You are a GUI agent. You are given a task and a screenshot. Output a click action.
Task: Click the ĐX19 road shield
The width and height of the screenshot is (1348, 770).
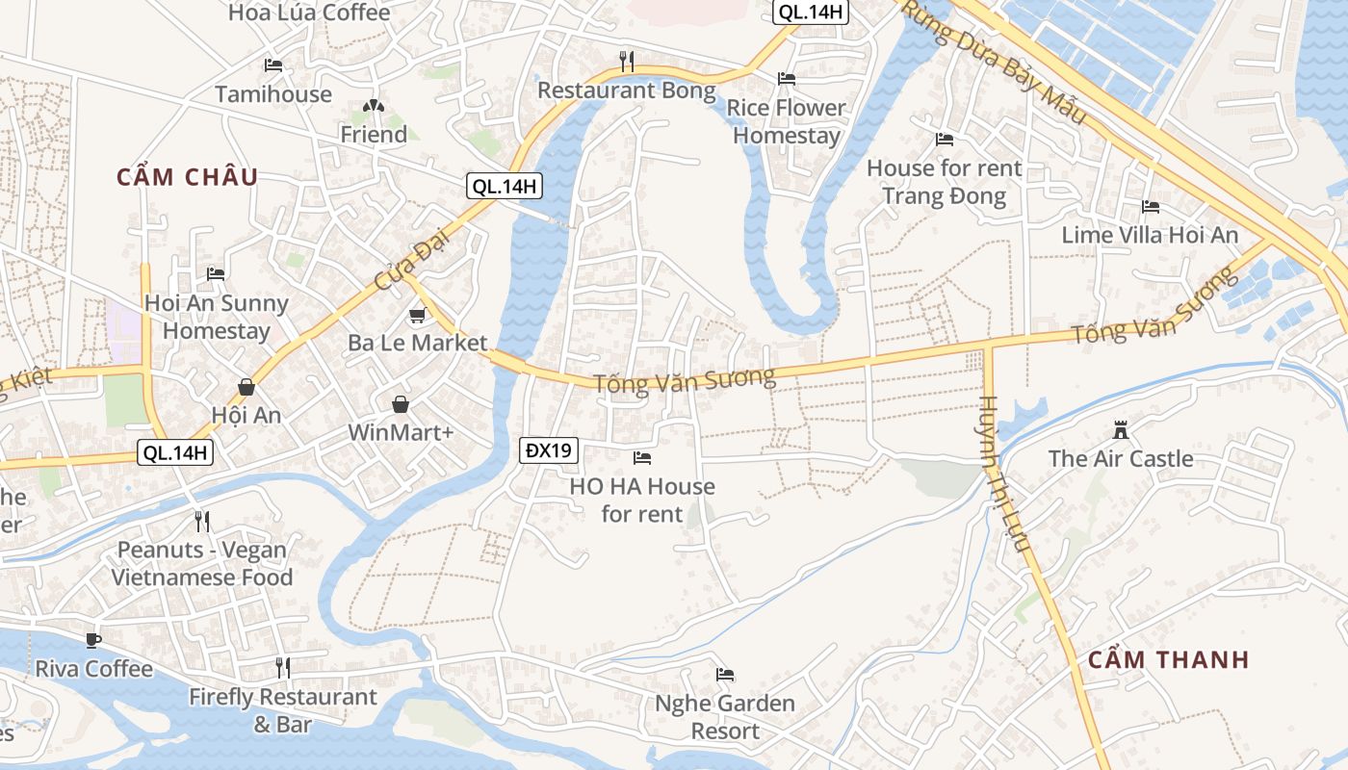[549, 449]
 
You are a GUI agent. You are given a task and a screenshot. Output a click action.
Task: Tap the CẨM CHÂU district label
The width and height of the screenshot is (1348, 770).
[188, 177]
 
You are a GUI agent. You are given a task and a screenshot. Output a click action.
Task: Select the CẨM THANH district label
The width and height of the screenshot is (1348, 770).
[1168, 659]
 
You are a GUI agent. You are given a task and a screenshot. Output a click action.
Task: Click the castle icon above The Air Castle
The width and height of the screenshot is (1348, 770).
[1120, 429]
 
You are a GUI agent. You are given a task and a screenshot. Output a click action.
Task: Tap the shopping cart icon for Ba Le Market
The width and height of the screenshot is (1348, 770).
[417, 315]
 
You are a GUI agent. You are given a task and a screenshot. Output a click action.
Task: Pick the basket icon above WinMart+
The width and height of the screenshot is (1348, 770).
[400, 404]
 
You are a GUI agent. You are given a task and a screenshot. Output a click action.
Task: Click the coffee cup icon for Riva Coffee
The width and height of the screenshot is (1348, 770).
[93, 640]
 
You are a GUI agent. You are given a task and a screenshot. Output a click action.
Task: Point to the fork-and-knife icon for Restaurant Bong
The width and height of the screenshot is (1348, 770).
[626, 62]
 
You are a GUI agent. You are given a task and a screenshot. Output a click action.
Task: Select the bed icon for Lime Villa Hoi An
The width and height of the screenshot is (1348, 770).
[1150, 206]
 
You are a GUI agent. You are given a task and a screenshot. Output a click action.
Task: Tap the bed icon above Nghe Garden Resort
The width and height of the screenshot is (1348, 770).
[725, 675]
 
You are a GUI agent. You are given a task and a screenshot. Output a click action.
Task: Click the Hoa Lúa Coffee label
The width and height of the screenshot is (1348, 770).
[309, 13]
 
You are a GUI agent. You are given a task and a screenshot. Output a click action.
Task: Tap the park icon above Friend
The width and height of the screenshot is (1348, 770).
[373, 106]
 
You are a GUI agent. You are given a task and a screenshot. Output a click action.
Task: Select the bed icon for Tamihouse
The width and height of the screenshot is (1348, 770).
[273, 65]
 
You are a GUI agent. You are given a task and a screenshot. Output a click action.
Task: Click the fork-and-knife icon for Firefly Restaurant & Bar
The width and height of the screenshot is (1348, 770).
[282, 667]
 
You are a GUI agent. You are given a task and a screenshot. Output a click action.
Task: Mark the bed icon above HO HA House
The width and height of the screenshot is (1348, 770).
[642, 457]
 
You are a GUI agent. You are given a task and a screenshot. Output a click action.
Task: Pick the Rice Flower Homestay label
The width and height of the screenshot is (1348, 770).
[786, 121]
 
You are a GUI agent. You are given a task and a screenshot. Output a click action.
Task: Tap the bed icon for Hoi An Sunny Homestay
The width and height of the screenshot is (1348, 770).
[216, 274]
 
